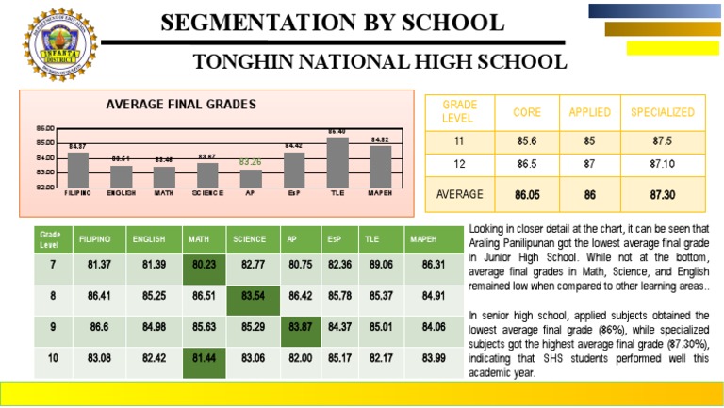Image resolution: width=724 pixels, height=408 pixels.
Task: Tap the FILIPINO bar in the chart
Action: click(78, 169)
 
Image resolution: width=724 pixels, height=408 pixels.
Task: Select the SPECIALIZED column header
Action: click(662, 112)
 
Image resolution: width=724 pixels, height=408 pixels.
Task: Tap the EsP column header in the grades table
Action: click(336, 239)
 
